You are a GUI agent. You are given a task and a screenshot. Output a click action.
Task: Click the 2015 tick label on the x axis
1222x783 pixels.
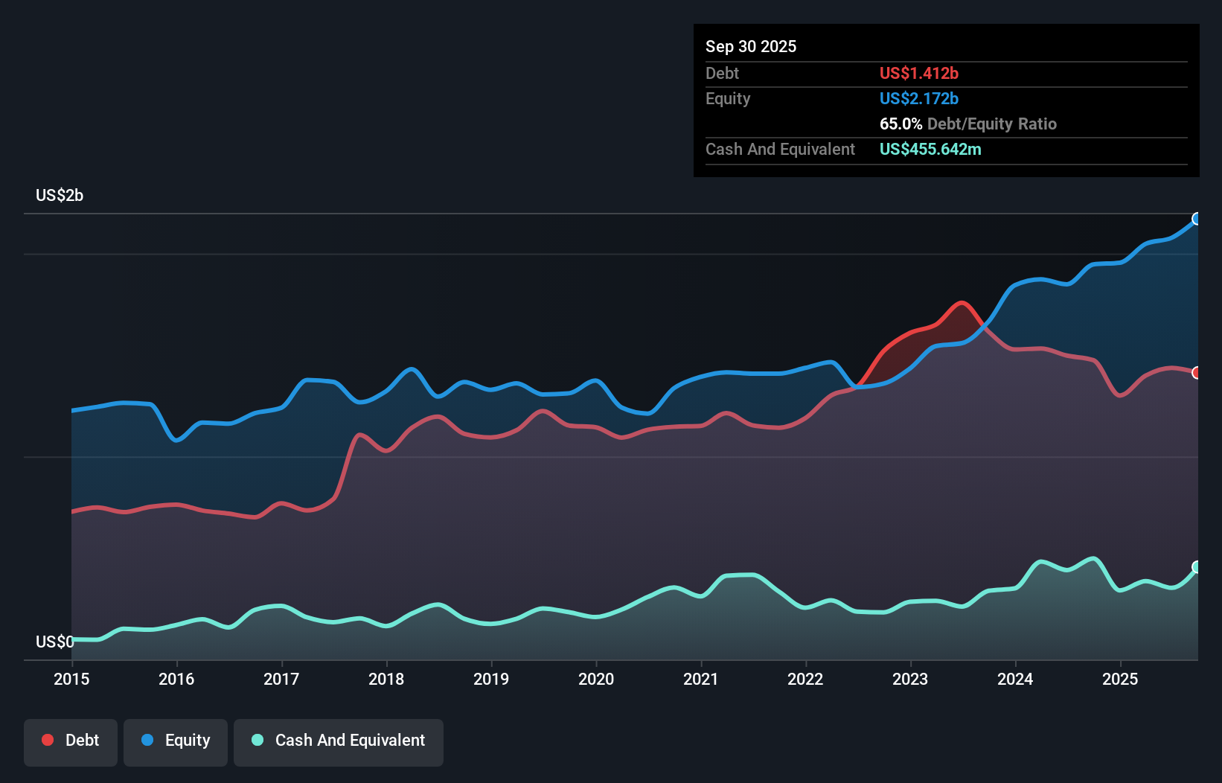point(71,679)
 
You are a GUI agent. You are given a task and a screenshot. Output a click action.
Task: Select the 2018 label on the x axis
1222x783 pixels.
point(386,679)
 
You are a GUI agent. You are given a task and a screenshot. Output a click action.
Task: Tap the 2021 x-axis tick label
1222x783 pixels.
point(701,679)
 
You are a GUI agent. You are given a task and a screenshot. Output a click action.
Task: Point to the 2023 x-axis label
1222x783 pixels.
point(910,679)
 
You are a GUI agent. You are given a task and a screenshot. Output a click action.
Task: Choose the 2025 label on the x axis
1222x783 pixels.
point(1120,679)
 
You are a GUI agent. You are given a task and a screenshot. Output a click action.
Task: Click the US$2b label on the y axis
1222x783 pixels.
point(60,196)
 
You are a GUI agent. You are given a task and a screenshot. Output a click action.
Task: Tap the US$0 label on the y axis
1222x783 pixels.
point(54,642)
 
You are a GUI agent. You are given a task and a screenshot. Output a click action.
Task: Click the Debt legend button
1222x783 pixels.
point(71,741)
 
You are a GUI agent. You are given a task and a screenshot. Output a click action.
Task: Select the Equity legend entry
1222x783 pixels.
point(176,741)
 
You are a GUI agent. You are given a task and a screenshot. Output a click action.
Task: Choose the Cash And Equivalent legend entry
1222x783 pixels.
point(339,741)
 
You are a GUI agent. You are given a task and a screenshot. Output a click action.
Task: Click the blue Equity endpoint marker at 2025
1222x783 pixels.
point(1197,219)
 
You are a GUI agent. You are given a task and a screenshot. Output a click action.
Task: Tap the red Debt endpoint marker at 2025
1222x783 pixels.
point(1197,373)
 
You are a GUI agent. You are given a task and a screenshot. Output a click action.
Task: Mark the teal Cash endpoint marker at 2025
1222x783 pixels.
point(1197,567)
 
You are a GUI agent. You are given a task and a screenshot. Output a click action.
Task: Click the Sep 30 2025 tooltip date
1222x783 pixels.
point(751,46)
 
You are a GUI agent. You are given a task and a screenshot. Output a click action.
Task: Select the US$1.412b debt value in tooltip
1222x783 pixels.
point(918,73)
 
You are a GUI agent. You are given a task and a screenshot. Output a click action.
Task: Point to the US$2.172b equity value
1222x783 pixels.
point(918,98)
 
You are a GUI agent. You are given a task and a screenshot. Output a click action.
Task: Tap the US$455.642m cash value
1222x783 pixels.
point(930,149)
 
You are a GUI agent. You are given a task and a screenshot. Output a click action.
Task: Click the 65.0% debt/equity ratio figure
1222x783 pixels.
point(900,124)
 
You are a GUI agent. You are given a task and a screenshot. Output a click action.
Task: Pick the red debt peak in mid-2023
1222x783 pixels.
point(962,303)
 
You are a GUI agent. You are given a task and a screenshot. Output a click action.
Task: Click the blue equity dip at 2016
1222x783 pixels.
point(176,441)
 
